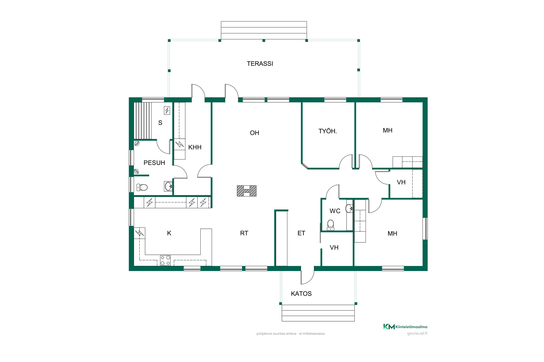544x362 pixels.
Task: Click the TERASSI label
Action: (x=260, y=64)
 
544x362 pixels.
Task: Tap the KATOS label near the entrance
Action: (x=301, y=294)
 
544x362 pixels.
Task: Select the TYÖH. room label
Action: (x=328, y=131)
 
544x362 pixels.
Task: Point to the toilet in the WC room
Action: (x=330, y=225)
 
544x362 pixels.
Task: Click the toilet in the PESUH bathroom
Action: (x=142, y=187)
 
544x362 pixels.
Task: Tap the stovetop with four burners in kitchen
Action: (x=165, y=260)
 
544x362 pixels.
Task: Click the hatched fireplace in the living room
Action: (x=247, y=191)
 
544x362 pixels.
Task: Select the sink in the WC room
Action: (x=349, y=208)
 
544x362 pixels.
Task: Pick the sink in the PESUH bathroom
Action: (x=168, y=186)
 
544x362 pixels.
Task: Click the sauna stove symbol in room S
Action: (x=167, y=110)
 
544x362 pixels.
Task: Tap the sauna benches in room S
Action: (x=143, y=121)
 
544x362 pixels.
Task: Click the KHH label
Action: (x=195, y=147)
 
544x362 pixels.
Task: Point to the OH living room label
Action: (x=254, y=133)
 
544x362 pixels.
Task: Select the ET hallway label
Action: (x=301, y=233)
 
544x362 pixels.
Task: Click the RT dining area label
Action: (x=244, y=233)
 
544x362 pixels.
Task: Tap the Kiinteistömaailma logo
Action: (x=405, y=327)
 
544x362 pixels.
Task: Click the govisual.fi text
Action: (x=417, y=333)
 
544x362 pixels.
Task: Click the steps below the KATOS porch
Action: (x=318, y=313)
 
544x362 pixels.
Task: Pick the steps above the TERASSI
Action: (x=264, y=30)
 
